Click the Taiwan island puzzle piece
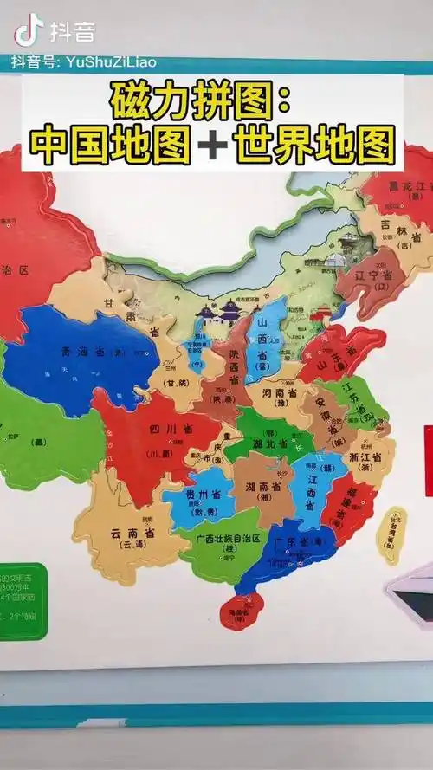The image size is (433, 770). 391,534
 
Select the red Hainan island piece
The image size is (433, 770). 241,611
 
